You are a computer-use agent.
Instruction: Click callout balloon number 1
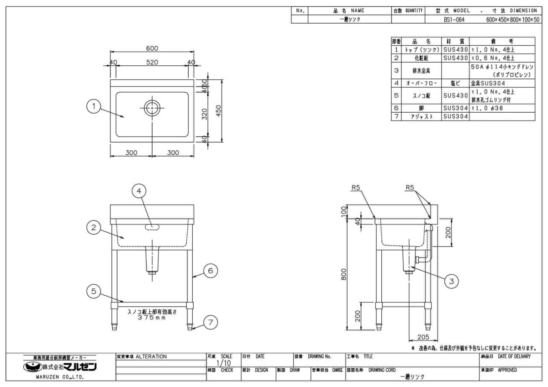(94, 107)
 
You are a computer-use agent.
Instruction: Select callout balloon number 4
(139, 191)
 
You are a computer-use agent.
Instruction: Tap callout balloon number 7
(210, 323)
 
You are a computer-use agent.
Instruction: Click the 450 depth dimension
(219, 110)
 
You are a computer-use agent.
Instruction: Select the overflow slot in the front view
(152, 227)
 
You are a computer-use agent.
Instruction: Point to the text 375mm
(152, 318)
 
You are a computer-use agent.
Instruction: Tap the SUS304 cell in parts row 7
(455, 117)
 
